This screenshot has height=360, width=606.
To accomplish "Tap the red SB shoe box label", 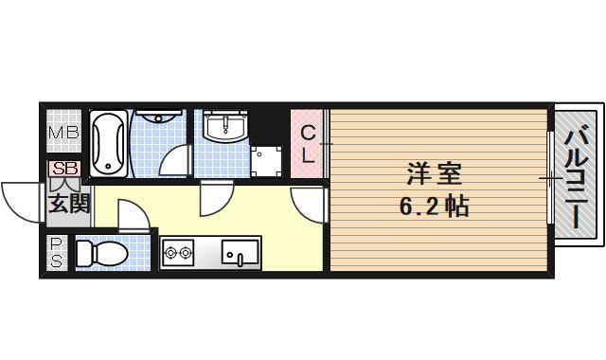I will (x=64, y=169).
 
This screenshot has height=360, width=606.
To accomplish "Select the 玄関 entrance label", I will (x=69, y=203).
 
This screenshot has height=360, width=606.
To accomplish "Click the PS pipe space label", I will (x=56, y=253).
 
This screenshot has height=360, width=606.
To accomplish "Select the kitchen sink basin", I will (x=241, y=253).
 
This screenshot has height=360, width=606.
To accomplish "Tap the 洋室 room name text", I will (x=436, y=174).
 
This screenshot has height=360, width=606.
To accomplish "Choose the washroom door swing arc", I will (x=215, y=197).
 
